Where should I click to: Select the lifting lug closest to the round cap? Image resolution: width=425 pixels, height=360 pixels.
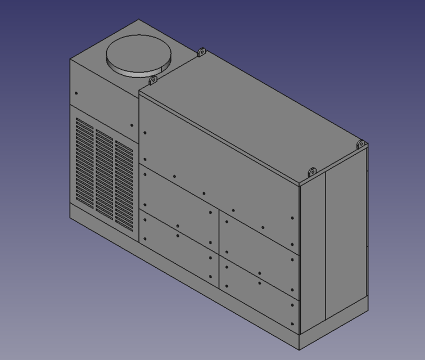[x=152, y=81]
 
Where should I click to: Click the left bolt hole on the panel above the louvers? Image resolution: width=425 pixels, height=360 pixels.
[x=76, y=93]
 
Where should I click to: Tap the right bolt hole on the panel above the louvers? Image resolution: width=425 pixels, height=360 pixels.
[x=132, y=126]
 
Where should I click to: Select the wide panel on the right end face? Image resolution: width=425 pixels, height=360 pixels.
[x=346, y=236]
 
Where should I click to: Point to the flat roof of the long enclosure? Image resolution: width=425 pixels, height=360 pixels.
[x=253, y=112]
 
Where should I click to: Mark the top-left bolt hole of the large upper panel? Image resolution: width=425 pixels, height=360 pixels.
[x=145, y=133]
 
